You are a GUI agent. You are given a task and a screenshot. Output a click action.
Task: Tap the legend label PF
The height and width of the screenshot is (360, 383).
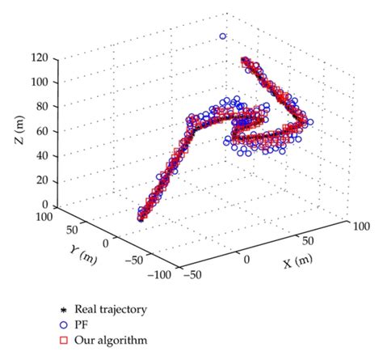tap(103, 324)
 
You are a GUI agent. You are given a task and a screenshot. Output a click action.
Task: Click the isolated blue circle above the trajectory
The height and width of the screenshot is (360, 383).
tap(224, 36)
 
